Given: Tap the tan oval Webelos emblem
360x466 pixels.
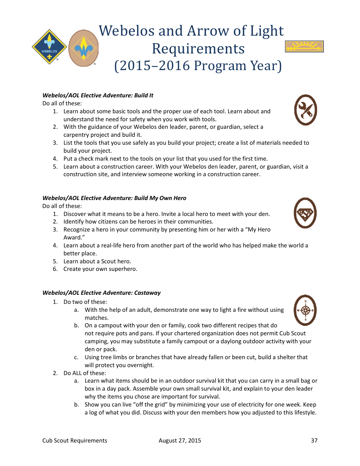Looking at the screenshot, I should [x=83, y=48].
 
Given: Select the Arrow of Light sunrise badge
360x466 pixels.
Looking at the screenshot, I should [x=304, y=47].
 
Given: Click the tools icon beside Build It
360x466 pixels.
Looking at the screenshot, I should [x=305, y=110].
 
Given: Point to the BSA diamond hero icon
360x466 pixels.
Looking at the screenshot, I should [x=305, y=213].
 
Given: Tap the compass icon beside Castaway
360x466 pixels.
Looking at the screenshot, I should [x=305, y=310].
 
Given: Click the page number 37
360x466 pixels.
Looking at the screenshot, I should [x=314, y=440].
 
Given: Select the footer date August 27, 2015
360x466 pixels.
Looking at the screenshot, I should [x=180, y=440].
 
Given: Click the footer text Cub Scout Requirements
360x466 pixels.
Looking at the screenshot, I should [x=75, y=440].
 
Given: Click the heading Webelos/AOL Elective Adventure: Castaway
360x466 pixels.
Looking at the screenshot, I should [x=101, y=293].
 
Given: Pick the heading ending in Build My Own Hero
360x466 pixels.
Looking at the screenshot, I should [x=114, y=198].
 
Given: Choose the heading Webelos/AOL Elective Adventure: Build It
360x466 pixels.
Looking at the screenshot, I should [x=98, y=95].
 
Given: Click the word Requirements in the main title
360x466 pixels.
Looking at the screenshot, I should [x=198, y=48].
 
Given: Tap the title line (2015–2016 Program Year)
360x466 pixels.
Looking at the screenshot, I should [x=198, y=66].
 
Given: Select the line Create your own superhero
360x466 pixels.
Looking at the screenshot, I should [x=100, y=269].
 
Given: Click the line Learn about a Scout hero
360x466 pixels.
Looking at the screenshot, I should [x=97, y=261].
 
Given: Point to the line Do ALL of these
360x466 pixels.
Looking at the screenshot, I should [x=85, y=373].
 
